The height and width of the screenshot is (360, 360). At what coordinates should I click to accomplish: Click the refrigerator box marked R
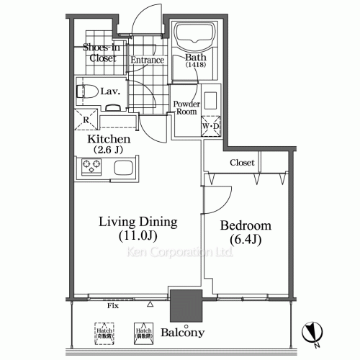[x=86, y=120]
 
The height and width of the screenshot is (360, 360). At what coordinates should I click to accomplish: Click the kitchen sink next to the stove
[x=120, y=170]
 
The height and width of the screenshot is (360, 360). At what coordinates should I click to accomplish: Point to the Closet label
[x=242, y=163]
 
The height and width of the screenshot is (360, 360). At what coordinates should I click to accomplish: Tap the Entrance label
[x=148, y=60]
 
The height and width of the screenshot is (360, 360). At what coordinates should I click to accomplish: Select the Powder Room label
[x=186, y=107]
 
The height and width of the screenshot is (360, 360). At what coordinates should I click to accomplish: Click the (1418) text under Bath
[x=195, y=66]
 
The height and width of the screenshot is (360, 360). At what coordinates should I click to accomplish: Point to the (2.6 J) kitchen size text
[x=108, y=150]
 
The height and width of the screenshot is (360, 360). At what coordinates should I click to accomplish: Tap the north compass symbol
[x=312, y=332]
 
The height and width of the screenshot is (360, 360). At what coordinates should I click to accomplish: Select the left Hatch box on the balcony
[x=105, y=332]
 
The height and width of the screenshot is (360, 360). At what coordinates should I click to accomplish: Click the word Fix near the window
[x=112, y=305]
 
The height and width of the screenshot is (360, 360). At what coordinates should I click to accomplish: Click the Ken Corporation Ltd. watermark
[x=179, y=253]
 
